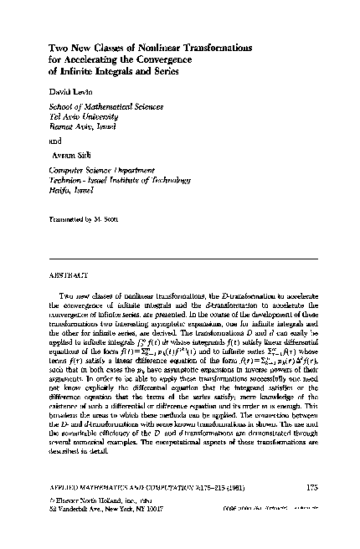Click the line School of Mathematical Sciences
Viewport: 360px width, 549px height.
[104, 106]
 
